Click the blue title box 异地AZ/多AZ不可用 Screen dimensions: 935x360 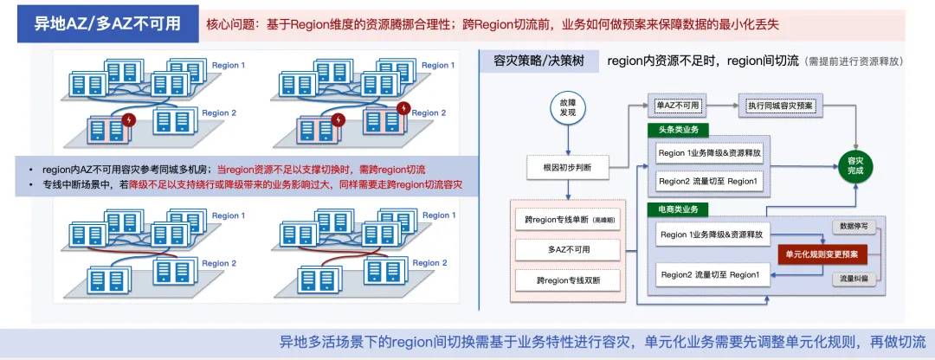tap(108, 24)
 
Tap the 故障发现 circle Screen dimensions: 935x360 tap(567, 107)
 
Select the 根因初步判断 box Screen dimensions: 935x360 tap(567, 167)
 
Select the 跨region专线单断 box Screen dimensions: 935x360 tap(567, 219)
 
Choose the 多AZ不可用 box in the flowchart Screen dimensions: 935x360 tap(567, 250)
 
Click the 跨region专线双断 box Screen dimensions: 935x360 tap(567, 280)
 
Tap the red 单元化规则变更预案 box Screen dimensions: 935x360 tap(822, 254)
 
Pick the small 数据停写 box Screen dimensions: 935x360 tap(854, 226)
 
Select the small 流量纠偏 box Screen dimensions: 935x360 tap(854, 278)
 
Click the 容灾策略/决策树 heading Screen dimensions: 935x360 tap(539, 61)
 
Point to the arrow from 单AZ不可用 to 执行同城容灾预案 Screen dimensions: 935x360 tap(722, 106)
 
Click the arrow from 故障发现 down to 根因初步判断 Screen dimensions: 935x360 tap(567, 141)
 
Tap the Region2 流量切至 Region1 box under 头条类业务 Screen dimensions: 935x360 tap(708, 181)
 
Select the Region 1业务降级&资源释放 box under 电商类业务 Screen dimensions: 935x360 tap(711, 235)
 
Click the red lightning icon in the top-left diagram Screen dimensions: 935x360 tap(129, 119)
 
